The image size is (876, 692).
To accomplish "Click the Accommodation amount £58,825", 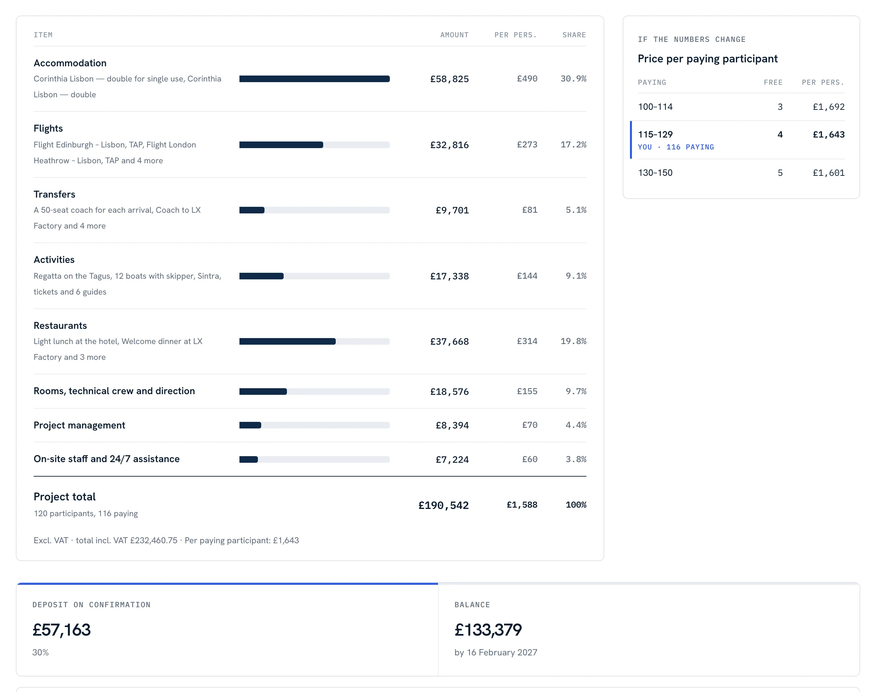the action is coord(449,79).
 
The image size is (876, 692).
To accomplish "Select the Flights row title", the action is coord(48,128).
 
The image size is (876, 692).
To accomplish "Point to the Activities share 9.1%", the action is coord(576,276).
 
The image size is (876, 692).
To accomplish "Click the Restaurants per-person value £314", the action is coord(527,341).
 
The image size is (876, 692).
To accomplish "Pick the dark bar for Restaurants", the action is coord(287,341).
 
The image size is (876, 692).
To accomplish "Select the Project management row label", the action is coord(79,425).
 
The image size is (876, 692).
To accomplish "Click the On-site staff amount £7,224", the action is coord(452,459).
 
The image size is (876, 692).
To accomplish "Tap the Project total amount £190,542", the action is coord(443,505).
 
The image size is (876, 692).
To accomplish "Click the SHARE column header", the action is coord(574,35).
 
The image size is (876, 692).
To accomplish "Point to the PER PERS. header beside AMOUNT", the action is coord(516,35).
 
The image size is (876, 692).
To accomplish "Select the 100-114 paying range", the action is coord(655,107).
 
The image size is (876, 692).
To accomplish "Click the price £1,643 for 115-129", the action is coord(829,135).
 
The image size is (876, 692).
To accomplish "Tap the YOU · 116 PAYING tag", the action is coord(676,147).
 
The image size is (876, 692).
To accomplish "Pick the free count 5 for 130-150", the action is coord(780,173).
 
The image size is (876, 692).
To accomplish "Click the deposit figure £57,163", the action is coord(62,630).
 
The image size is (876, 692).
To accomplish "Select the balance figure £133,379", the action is coord(488,630).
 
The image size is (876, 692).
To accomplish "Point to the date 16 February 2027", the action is coord(502,652).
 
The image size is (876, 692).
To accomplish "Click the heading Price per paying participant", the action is coord(707,59).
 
